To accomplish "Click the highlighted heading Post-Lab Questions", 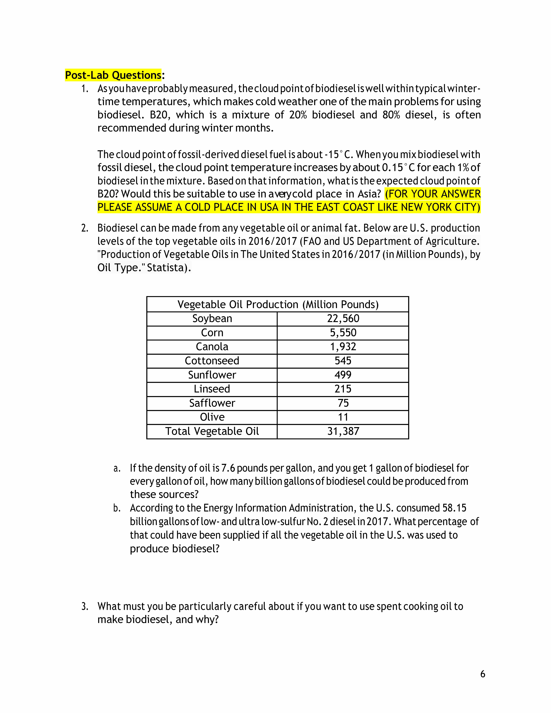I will coord(113,75).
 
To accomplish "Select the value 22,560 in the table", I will coord(343,319).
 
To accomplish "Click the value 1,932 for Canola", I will coord(343,347).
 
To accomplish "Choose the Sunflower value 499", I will coord(343,375).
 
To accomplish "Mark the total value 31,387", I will coord(343,431).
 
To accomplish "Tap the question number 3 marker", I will coord(85,606).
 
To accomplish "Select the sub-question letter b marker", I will coord(117,508).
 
